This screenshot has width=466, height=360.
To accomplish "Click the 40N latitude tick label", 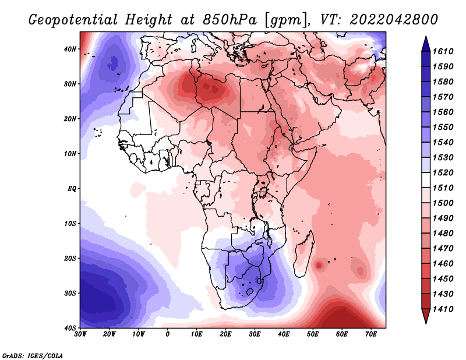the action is click(70, 49).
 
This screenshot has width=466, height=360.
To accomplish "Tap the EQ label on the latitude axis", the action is click(72, 189).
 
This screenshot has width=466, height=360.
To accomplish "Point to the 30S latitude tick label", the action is click(70, 294).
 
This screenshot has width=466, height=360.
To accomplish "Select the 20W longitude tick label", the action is click(109, 334).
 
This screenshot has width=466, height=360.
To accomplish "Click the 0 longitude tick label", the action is click(168, 334).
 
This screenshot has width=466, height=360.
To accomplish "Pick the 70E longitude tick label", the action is click(371, 334).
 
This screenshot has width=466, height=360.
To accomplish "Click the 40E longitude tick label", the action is click(284, 334).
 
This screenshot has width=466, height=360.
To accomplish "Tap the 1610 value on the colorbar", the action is click(443, 51).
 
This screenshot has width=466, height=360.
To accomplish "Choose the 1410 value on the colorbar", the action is click(443, 309).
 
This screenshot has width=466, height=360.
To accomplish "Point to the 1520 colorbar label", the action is click(443, 172).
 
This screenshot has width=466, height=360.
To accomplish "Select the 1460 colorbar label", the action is click(443, 264).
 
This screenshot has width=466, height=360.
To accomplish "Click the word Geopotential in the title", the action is click(73, 20).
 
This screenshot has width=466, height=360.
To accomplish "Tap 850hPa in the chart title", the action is click(230, 20).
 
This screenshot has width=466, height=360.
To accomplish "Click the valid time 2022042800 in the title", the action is click(394, 20).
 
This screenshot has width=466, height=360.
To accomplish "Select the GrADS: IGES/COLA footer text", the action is click(33, 355).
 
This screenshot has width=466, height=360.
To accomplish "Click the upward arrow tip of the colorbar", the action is click(426, 37).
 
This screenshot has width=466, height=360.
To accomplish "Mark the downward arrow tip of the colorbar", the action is click(426, 323).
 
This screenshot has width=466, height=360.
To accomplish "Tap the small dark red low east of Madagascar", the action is click(319, 265).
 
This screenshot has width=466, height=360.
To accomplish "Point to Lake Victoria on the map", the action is click(263, 192).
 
